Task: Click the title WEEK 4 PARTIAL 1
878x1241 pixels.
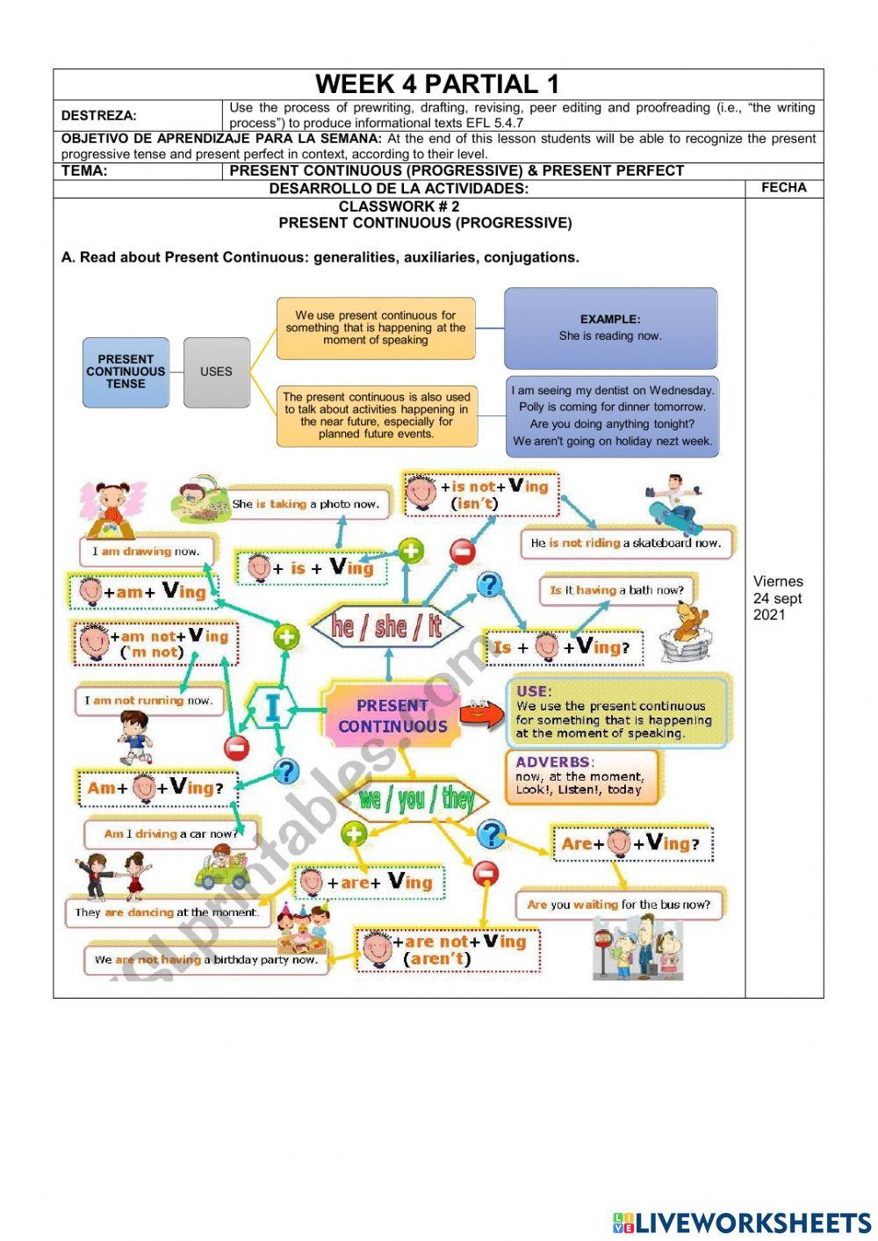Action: tap(437, 84)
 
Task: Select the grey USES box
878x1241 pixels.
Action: tap(216, 372)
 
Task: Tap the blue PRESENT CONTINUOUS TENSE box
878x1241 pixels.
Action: tap(126, 372)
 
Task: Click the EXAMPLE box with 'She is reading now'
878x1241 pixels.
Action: tap(610, 328)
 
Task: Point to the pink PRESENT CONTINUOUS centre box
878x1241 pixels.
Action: tap(392, 716)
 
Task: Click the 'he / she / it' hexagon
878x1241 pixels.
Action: tap(387, 625)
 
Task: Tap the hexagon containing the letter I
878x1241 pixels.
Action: tap(272, 708)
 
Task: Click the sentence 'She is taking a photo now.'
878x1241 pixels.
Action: tap(305, 504)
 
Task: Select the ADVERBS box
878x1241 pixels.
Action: tap(581, 776)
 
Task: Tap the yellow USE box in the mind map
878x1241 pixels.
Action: tap(618, 712)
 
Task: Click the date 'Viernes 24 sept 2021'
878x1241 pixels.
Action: tap(778, 597)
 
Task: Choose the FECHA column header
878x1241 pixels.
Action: tap(784, 187)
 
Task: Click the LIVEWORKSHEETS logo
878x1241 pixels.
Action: tap(742, 1222)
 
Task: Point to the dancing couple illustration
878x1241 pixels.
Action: tap(113, 877)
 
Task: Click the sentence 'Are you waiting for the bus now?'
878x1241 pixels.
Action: tap(618, 904)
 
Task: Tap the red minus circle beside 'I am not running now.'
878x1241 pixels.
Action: tap(236, 747)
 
